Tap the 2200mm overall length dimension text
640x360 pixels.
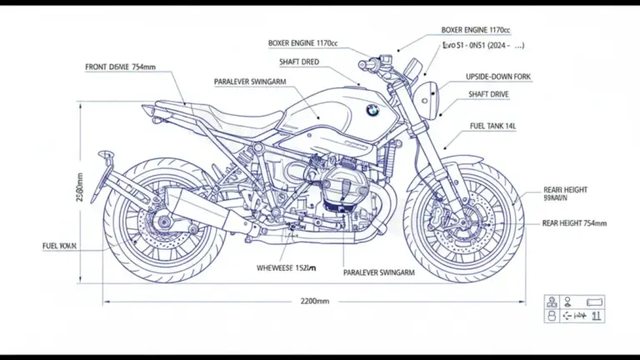coord(314,301)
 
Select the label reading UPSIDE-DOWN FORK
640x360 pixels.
coord(498,77)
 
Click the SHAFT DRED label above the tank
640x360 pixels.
coord(297,62)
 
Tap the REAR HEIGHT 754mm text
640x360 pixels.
coord(574,223)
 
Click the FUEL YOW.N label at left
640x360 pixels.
coord(59,247)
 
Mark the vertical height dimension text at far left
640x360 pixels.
coord(79,188)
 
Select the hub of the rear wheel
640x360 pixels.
coord(164,222)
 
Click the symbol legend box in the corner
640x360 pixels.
coord(574,308)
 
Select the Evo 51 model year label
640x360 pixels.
coord(477,47)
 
